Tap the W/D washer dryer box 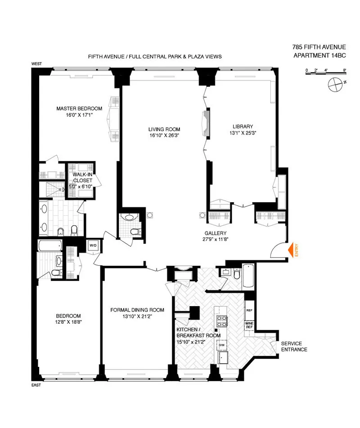[93, 245]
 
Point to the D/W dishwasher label [221, 345]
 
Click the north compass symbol [335, 84]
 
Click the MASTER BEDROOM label [79, 108]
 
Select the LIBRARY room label [243, 126]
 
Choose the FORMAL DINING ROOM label [137, 310]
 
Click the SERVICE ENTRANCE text [294, 346]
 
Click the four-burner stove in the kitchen [221, 321]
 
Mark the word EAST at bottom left [36, 385]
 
